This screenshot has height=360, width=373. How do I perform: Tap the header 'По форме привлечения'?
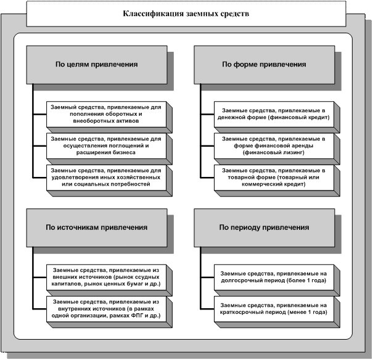(263, 63)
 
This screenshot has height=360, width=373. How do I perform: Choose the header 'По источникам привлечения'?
(97, 227)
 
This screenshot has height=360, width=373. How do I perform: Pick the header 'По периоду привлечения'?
(263, 227)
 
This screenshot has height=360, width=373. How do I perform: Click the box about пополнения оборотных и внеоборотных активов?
(105, 114)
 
